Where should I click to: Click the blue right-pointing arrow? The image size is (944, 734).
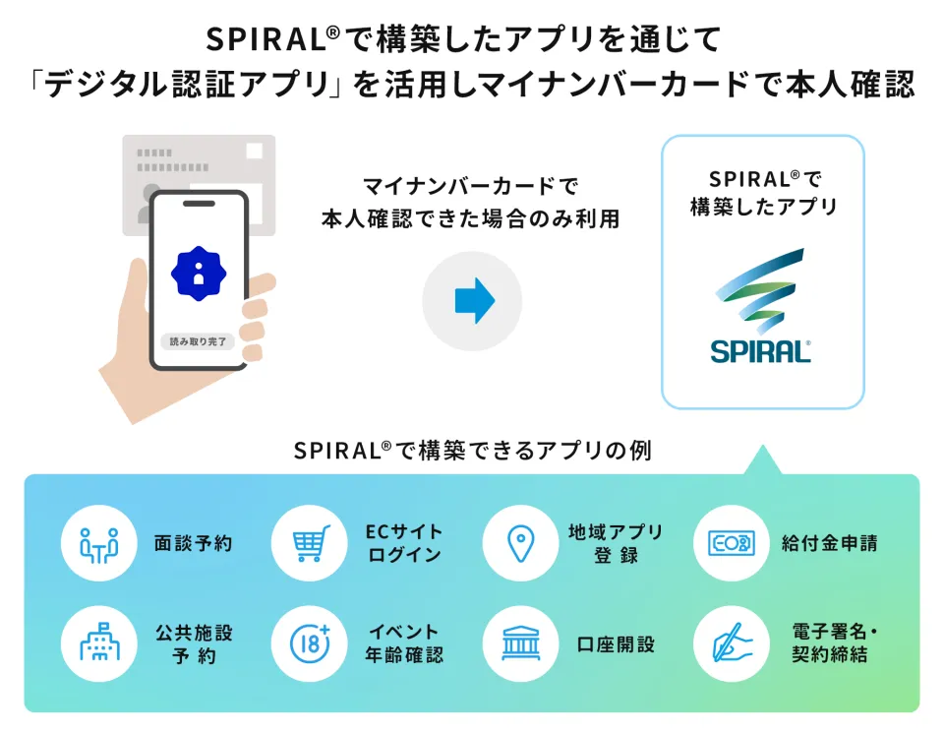(x=474, y=301)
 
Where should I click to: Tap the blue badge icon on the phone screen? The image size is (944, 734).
(x=199, y=274)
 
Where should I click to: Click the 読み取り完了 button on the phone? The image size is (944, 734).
(x=198, y=341)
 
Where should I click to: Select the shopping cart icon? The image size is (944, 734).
(x=311, y=542)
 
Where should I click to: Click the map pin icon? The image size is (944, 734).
(x=521, y=543)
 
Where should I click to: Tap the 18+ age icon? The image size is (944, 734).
(x=311, y=643)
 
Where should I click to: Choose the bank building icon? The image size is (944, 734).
(x=521, y=643)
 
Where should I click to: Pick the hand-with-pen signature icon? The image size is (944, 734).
(x=731, y=643)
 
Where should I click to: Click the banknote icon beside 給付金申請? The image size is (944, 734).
(x=731, y=543)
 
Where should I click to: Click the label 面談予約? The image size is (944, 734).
(x=194, y=543)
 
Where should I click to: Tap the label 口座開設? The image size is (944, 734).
(x=616, y=644)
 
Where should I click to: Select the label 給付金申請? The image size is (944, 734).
(x=830, y=543)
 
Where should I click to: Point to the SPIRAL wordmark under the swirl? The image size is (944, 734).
(x=760, y=351)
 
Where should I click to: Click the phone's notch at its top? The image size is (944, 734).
(x=199, y=204)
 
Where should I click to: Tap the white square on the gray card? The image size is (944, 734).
(x=254, y=151)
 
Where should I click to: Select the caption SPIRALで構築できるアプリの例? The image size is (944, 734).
(x=473, y=451)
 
